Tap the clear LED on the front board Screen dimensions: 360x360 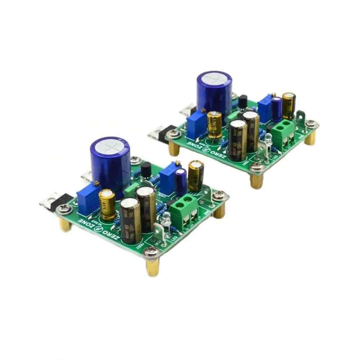(166, 220)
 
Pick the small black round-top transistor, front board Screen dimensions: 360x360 (147, 169)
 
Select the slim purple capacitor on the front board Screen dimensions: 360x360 (181, 182)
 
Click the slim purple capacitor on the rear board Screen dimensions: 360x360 (276, 109)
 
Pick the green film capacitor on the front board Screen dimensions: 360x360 (132, 190)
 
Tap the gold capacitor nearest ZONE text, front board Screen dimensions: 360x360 (108, 204)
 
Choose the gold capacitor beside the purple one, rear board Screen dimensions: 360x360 (289, 105)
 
